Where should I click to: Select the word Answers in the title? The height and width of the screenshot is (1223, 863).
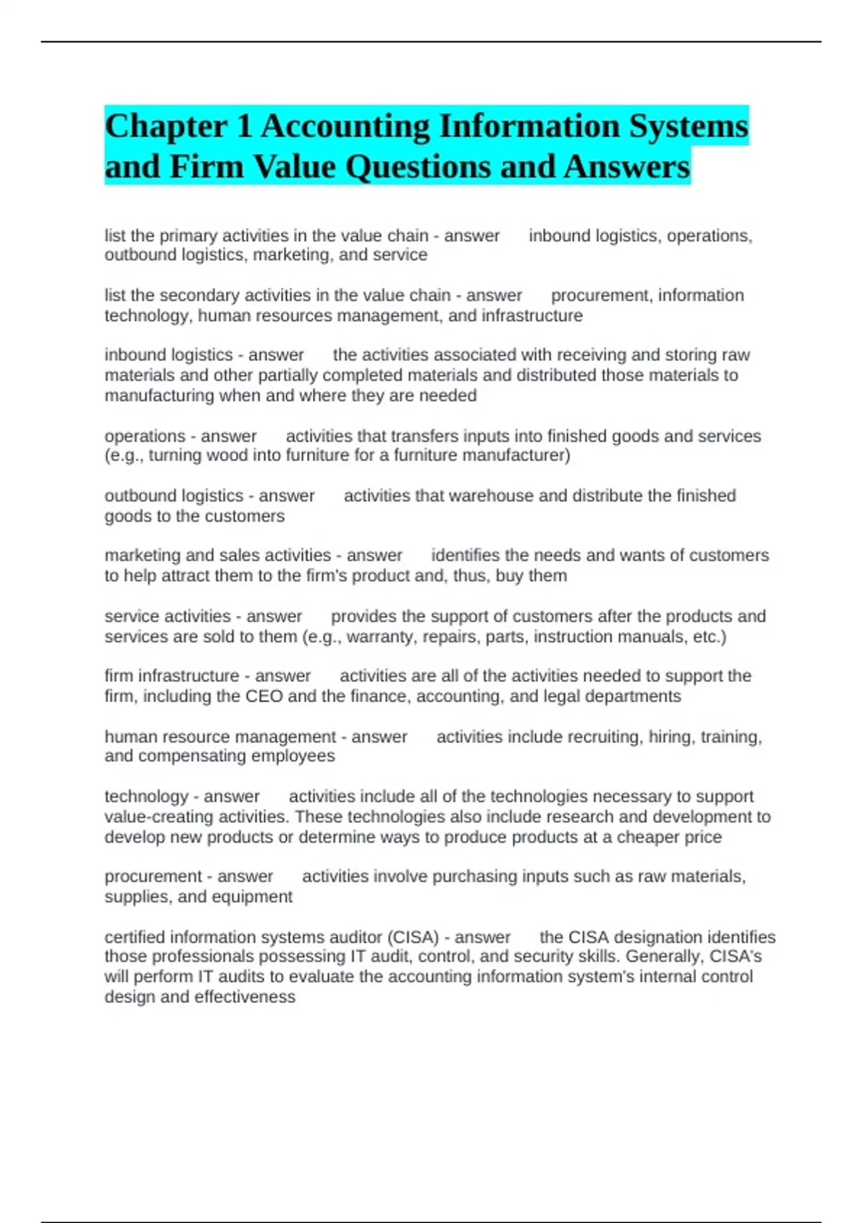(626, 167)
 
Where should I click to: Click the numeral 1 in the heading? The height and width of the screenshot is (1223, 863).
(244, 127)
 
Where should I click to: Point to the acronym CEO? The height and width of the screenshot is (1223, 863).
(264, 696)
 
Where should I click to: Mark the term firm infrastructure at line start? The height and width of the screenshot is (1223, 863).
(171, 676)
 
